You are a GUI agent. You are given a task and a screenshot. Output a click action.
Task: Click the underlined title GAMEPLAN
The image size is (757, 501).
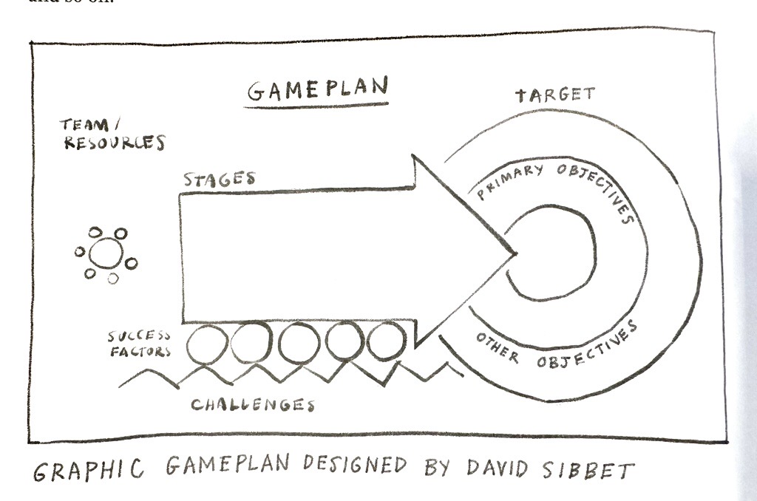click(x=317, y=89)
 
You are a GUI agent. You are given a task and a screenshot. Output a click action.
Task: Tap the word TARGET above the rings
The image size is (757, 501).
click(x=554, y=95)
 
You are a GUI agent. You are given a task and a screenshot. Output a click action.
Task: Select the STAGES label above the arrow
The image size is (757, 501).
click(x=220, y=179)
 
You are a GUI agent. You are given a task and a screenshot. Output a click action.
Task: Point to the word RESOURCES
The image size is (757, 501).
click(x=114, y=143)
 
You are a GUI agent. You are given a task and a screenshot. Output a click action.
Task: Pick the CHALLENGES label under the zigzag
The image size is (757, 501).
click(x=253, y=404)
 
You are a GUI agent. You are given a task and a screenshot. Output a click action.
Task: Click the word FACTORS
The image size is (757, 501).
click(x=140, y=352)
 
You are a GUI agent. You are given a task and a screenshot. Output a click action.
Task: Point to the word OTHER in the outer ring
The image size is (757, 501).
click(x=496, y=350)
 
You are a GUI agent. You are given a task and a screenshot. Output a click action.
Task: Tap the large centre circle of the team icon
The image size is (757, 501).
click(x=106, y=253)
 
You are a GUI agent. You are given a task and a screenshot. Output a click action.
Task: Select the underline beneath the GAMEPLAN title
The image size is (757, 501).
click(x=317, y=105)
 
